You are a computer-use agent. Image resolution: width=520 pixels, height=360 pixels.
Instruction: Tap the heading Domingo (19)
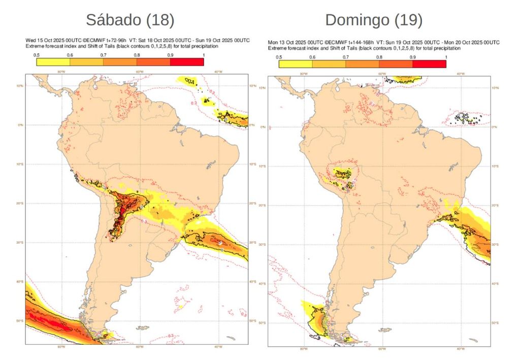pyautogui.click(x=374, y=20)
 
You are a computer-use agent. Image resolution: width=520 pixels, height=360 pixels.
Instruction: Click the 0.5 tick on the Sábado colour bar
pyautogui.click(x=37, y=54)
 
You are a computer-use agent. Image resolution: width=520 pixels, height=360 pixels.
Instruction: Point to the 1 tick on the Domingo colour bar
pyautogui.click(x=445, y=57)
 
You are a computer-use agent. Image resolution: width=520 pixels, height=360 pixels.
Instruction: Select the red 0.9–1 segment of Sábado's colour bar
pyautogui.click(x=187, y=62)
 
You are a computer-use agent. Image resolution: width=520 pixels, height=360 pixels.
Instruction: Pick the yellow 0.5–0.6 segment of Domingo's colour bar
pyautogui.click(x=296, y=64)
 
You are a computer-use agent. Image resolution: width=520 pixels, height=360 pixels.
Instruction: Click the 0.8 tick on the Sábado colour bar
pyautogui.click(x=137, y=54)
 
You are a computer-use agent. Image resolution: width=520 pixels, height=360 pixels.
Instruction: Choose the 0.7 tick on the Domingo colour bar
pyautogui.click(x=345, y=57)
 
